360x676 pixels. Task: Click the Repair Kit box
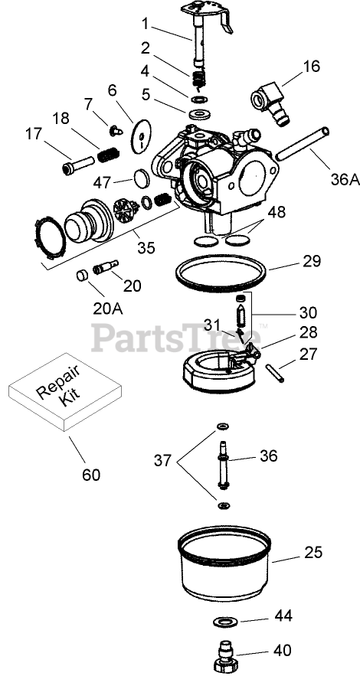tap(65, 391)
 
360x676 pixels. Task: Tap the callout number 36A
tap(345, 179)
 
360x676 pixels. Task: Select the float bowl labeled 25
tap(224, 563)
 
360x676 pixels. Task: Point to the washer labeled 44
tap(223, 622)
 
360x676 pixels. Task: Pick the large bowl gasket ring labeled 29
tap(221, 274)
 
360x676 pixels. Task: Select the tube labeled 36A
tap(303, 144)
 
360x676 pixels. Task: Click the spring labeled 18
tap(108, 154)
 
